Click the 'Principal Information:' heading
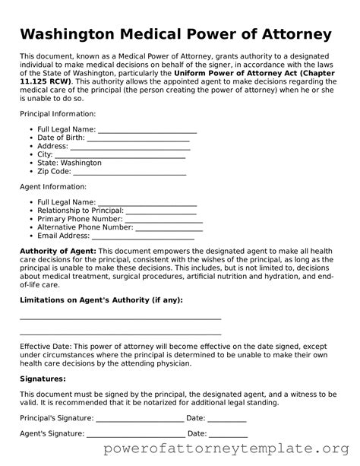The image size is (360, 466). [58, 113]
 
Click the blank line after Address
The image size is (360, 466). [130, 147]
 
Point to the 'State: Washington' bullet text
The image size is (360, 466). [69, 163]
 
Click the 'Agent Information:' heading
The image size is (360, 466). [53, 186]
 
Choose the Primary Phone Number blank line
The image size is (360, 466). [162, 219]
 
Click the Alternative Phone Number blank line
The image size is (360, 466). [169, 227]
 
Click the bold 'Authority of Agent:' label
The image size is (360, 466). [58, 251]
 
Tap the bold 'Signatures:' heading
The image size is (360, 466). [43, 378]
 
